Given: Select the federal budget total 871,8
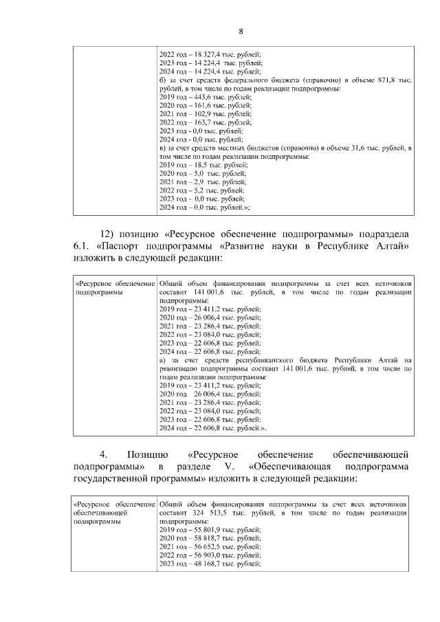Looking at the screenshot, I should point(388,80).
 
